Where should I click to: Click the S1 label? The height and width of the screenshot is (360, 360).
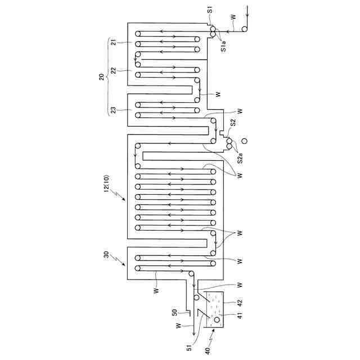[x=209, y=10]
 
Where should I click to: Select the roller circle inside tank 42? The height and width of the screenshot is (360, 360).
[x=216, y=319]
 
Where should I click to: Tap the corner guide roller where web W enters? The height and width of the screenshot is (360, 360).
[x=245, y=29]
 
